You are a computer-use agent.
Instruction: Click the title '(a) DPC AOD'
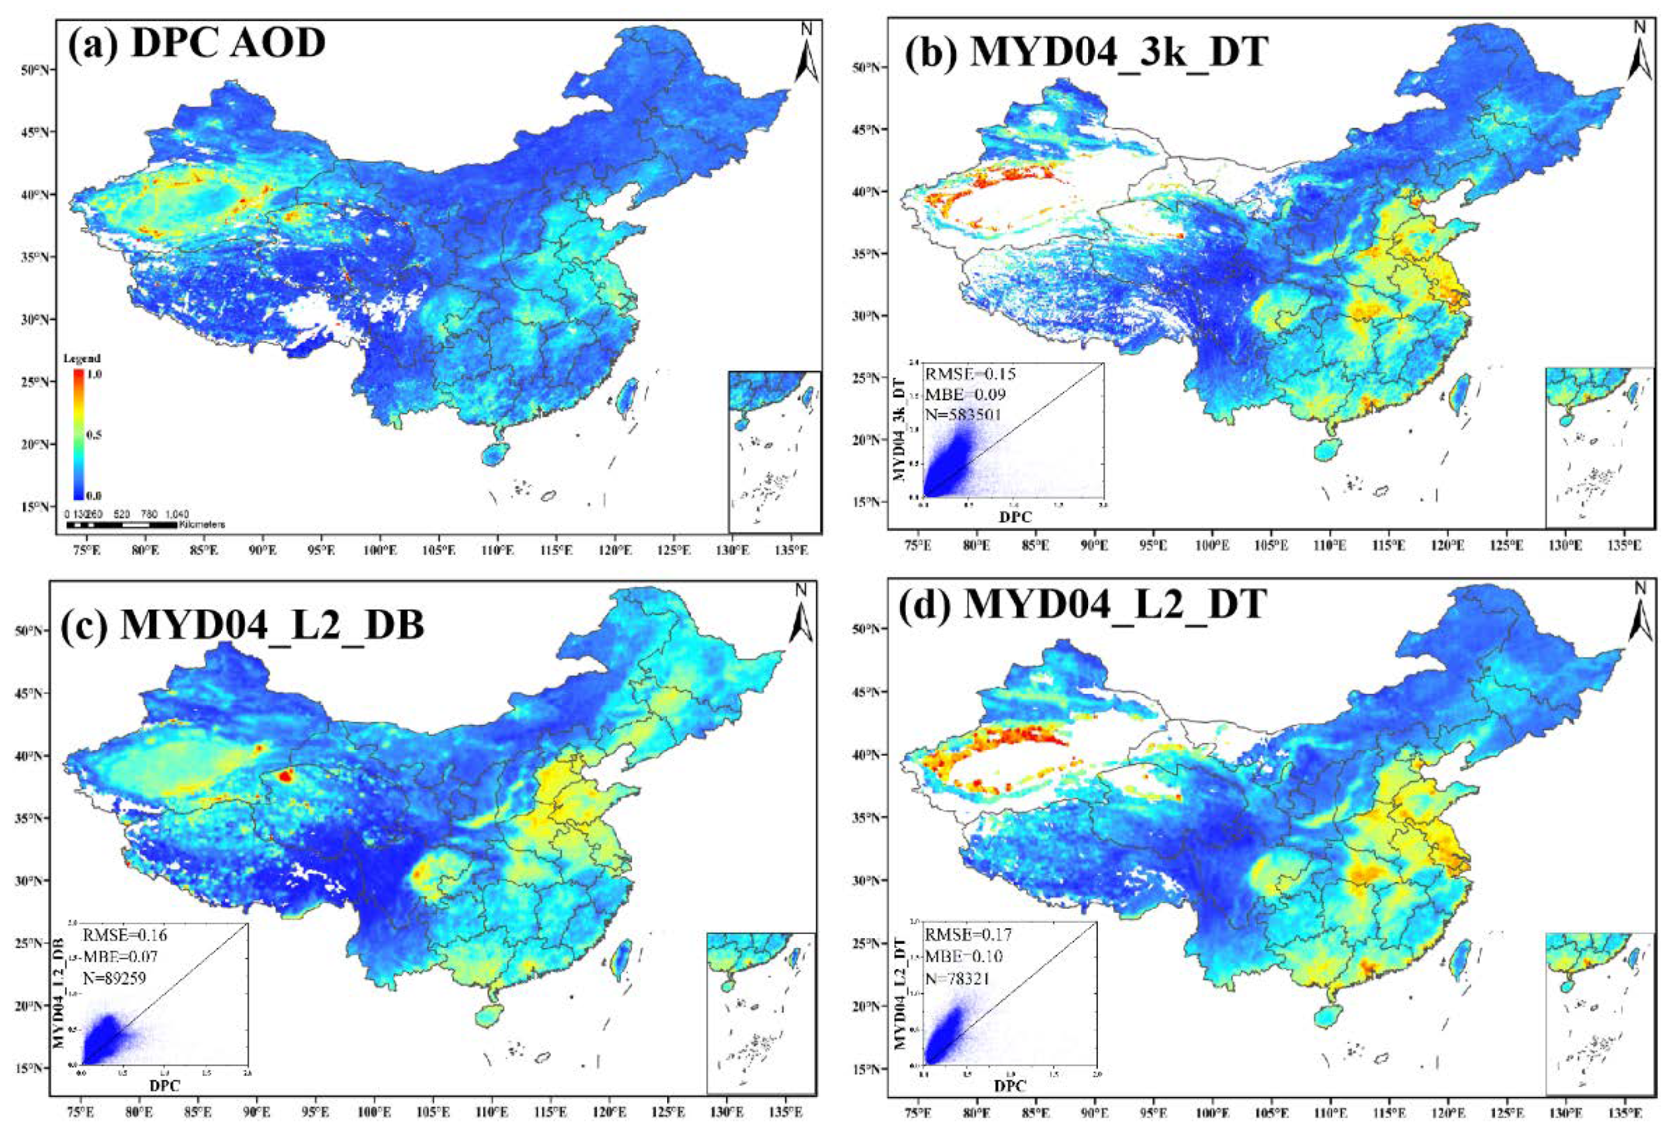pyautogui.click(x=197, y=43)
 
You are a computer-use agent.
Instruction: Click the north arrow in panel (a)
pyautogui.click(x=807, y=54)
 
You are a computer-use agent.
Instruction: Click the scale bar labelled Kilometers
pyautogui.click(x=121, y=525)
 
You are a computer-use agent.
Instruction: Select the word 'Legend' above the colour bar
pyautogui.click(x=82, y=358)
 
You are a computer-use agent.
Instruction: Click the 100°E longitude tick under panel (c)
pyautogui.click(x=374, y=1108)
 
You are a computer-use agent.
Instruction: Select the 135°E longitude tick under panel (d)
pyautogui.click(x=1625, y=1108)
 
